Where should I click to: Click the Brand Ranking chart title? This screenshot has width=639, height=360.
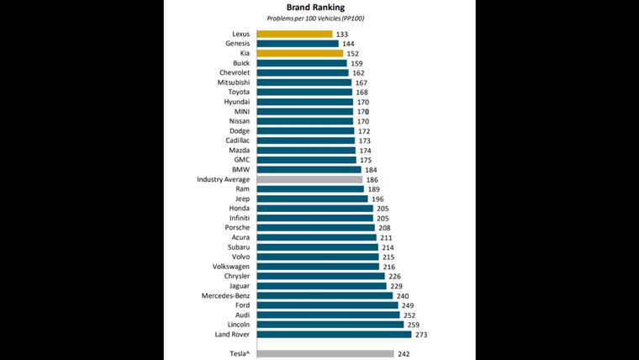315,8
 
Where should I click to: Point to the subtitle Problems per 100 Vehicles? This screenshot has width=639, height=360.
315,18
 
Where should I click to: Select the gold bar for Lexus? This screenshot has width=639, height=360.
294,34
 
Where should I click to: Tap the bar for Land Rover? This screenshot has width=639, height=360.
334,334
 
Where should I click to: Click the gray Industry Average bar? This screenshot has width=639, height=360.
309,179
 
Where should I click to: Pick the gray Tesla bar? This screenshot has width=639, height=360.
325,354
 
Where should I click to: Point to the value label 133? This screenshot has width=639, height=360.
342,34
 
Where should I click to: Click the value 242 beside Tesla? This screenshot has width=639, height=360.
404,354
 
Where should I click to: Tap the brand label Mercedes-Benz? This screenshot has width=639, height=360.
225,295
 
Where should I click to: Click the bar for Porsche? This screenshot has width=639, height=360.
315,228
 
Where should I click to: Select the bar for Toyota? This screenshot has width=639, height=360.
304,92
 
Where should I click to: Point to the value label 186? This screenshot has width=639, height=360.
372,180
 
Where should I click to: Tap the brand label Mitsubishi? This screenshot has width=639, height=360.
231,82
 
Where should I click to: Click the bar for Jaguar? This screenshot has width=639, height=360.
321,286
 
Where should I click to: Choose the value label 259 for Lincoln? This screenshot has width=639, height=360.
412,325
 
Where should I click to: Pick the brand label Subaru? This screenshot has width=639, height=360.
236,247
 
